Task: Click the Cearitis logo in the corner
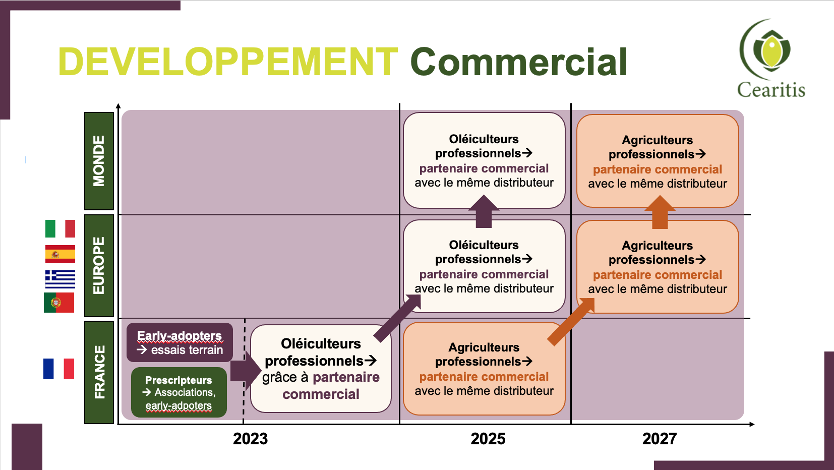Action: coord(770,58)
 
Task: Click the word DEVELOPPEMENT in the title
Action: coord(228,62)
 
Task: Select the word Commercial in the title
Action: coord(519,62)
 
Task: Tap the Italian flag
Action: coord(60,228)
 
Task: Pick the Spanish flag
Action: coord(60,254)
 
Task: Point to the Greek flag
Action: coord(60,279)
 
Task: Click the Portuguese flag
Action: coord(59,303)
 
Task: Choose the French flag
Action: coord(58,369)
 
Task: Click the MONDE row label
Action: coord(99,161)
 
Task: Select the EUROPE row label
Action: coord(99,266)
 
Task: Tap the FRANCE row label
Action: coord(99,372)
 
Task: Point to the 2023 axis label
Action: coord(250,439)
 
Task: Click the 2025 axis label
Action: coord(488,439)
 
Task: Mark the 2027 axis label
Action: coord(660,439)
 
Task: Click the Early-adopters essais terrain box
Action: coord(180,342)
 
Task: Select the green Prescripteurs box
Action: coord(179,392)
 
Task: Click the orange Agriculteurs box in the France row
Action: coord(484,369)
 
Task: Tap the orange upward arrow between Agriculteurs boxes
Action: coord(660,212)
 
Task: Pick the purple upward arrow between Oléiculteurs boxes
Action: coord(484,211)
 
